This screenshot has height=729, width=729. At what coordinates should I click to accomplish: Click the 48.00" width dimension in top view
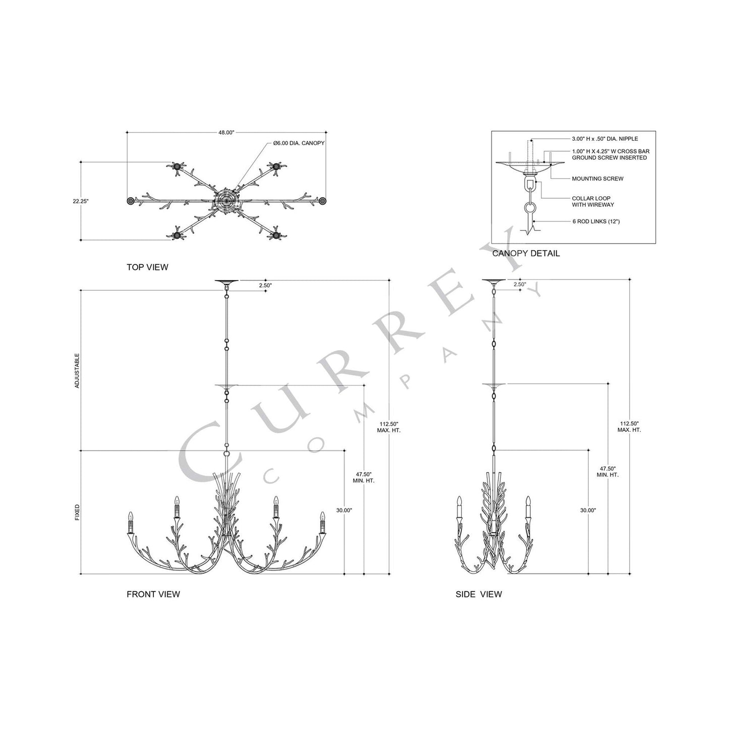pos(227,133)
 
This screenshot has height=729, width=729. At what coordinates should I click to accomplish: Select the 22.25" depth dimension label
pos(81,201)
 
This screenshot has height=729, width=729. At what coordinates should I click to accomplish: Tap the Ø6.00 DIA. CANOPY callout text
pos(299,143)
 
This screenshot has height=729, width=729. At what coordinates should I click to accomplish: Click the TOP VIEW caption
pos(147,267)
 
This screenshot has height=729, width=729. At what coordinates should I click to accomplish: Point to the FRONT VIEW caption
pos(153,594)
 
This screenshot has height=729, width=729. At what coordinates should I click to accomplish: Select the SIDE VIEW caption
pos(478,594)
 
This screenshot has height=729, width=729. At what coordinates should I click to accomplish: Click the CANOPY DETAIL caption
pos(526,253)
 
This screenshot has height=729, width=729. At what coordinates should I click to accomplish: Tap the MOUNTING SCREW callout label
pos(590,179)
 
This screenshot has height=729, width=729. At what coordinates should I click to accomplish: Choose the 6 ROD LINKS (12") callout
pos(596,221)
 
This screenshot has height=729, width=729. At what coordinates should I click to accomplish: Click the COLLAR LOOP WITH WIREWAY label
pos(593,202)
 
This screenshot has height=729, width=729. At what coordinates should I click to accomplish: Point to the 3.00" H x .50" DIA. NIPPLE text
pos(604,139)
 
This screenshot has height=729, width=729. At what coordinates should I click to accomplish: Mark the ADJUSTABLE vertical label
pos(77,371)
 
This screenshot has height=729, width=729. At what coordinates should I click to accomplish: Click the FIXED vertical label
pos(77,513)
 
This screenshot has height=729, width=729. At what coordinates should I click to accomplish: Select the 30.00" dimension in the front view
pos(344,510)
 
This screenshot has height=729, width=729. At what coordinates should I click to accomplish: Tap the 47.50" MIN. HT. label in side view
pos(607,472)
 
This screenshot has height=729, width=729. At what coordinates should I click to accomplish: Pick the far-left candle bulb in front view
pos(130,517)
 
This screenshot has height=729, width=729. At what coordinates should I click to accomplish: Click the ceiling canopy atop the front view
pos(227,281)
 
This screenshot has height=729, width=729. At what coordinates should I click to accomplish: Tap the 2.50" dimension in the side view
pos(520,285)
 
